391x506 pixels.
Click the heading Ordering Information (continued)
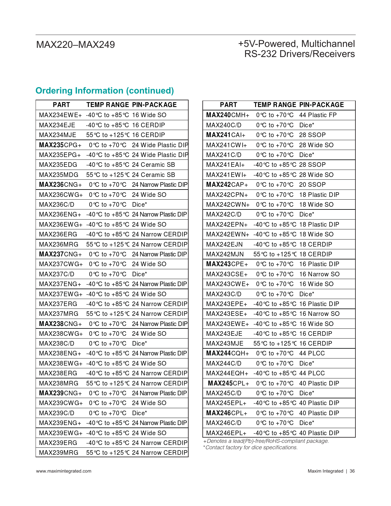(105, 91)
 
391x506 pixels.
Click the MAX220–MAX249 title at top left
(75, 45)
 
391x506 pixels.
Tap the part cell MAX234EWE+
(60, 115)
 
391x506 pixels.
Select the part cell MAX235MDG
(59, 175)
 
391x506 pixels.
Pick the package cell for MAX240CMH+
(318, 115)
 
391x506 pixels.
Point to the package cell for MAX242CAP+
(312, 185)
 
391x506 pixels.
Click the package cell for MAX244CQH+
(312, 353)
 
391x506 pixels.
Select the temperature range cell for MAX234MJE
(108, 135)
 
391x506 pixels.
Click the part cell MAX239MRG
(59, 453)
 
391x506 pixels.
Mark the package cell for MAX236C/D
(140, 205)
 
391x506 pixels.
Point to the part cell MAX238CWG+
(61, 334)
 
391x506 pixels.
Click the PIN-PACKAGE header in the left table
(154, 105)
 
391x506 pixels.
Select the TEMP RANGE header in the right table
(275, 105)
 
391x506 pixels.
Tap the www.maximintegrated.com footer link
(63, 471)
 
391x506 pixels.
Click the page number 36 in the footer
(352, 471)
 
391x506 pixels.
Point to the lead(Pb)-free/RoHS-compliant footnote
(266, 441)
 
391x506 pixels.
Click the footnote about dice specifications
(250, 447)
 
